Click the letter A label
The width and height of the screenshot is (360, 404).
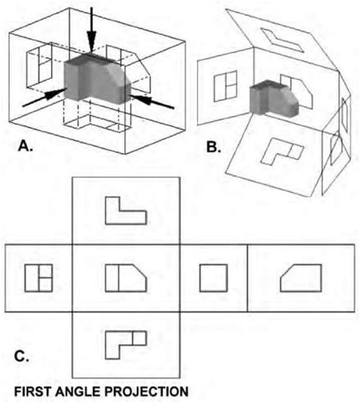(x=25, y=146)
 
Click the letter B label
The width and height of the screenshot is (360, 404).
(x=214, y=147)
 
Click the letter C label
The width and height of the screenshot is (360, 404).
(x=22, y=356)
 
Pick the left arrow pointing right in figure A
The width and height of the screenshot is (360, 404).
(x=44, y=97)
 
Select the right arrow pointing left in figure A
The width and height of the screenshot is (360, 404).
(x=152, y=101)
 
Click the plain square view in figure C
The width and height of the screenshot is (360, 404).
(x=213, y=278)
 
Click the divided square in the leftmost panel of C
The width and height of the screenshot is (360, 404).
(x=38, y=278)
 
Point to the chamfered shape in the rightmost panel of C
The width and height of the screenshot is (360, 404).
(x=301, y=278)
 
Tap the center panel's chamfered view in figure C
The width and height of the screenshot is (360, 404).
(x=126, y=278)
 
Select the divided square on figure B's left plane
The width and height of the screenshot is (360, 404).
(x=225, y=85)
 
